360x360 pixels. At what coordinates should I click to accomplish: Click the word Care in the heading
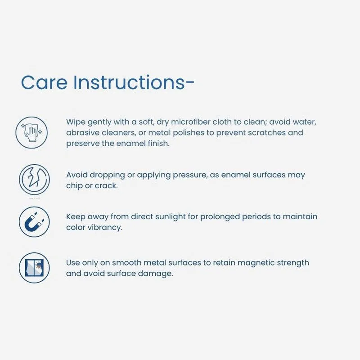(x=44, y=82)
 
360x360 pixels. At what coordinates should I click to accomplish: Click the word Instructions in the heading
(x=129, y=82)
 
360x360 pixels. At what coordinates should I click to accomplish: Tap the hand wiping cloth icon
(x=31, y=132)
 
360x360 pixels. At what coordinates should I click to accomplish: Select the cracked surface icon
(x=35, y=180)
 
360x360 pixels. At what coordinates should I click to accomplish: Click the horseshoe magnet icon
(x=34, y=222)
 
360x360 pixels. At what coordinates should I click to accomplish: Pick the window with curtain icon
(x=34, y=268)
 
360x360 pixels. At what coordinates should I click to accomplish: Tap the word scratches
(x=266, y=132)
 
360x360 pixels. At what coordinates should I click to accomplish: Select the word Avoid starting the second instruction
(x=77, y=175)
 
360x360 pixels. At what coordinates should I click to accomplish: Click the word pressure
(x=190, y=175)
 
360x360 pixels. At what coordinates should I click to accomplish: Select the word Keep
(x=76, y=217)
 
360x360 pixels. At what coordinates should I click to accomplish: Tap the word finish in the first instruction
(x=158, y=143)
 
